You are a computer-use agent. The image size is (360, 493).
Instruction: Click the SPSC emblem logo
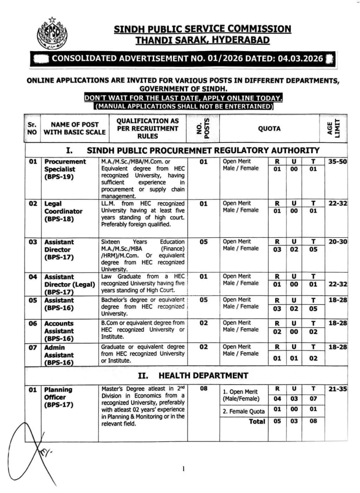pos(52,34)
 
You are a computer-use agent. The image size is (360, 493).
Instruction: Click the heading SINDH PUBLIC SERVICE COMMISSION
pos(202,29)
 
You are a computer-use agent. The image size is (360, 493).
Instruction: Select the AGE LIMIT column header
pos(337,129)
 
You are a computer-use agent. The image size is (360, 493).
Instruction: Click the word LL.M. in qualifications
pos(109,204)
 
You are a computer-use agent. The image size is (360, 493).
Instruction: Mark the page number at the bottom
pos(184,468)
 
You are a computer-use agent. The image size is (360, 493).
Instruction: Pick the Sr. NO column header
pos(32,129)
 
